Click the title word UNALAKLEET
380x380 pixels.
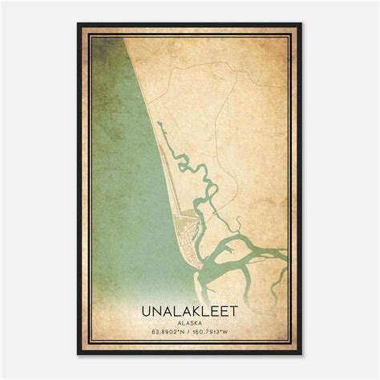(190, 308)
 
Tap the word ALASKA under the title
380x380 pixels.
(190, 318)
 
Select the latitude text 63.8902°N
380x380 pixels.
(162, 329)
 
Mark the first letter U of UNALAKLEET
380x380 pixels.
(145, 308)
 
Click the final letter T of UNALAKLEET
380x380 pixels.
(236, 308)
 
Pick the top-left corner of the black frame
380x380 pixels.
(79, 24)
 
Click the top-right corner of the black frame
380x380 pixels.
(301, 24)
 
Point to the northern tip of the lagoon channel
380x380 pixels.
(159, 123)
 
